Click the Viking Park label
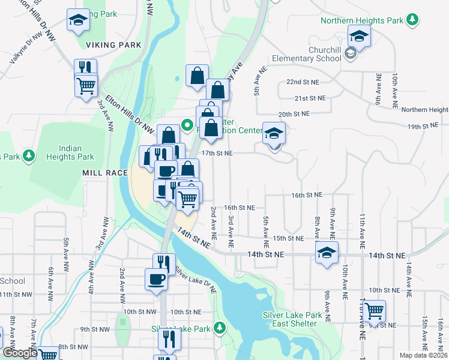(113, 45)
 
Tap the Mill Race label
(105, 173)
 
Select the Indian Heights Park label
(77, 152)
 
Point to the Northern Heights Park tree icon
(412, 20)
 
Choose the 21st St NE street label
(310, 98)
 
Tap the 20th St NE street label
(294, 113)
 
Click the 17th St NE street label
(217, 154)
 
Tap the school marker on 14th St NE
(327, 253)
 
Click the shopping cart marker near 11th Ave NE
(374, 311)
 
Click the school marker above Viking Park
(78, 20)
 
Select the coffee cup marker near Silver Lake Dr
(156, 279)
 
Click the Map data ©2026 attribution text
(423, 355)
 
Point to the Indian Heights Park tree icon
(28, 156)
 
